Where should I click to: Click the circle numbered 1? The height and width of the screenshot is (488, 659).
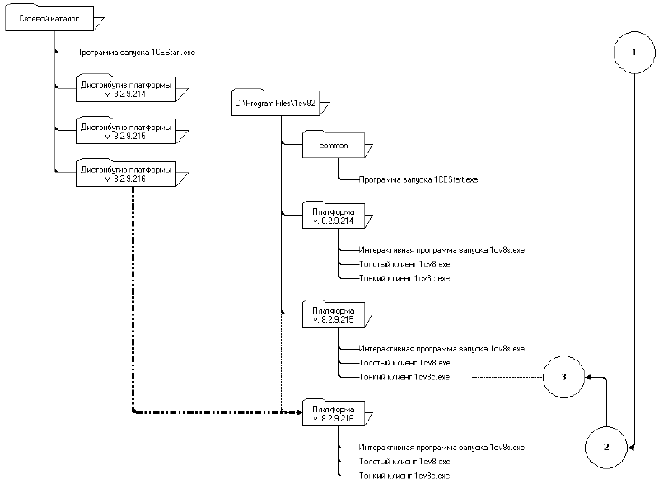[x=633, y=52]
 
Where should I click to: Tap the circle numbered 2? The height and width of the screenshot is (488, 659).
[x=606, y=448]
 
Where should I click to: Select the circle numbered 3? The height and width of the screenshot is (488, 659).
[x=563, y=377]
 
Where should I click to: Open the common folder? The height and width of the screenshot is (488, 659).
[x=336, y=147]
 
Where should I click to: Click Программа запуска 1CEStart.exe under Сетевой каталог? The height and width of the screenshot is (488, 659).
[x=135, y=53]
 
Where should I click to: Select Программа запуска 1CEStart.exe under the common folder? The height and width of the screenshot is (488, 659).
[x=419, y=179]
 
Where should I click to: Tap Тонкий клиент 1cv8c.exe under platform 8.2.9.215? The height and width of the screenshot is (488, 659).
[x=404, y=377]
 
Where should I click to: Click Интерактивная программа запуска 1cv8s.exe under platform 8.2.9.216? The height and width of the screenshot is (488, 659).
[x=442, y=448]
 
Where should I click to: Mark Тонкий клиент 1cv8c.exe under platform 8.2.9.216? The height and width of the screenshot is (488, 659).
[x=404, y=476]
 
